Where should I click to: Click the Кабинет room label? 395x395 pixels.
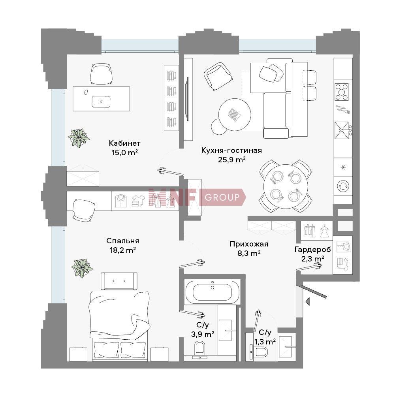(x=124, y=143)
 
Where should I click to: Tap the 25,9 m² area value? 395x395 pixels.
(x=232, y=160)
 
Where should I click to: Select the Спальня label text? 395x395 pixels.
(x=123, y=241)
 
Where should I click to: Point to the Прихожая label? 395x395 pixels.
(x=248, y=244)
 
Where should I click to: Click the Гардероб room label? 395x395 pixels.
(x=312, y=250)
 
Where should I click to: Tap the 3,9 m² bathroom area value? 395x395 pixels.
(x=203, y=334)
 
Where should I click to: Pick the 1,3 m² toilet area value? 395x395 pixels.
(x=265, y=342)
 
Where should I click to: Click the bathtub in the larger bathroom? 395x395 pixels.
(x=212, y=292)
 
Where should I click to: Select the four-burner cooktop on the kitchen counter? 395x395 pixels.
(x=342, y=92)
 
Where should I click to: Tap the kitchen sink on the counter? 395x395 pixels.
(x=342, y=130)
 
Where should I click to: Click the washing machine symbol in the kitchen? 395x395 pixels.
(x=343, y=186)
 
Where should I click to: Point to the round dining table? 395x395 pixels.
(x=286, y=187)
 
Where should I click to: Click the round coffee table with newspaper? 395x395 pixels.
(x=235, y=115)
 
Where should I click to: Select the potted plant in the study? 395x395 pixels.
(x=79, y=138)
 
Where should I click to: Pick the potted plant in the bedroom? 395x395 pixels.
(x=82, y=268)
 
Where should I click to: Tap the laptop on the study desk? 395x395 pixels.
(x=101, y=102)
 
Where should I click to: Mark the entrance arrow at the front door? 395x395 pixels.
(x=307, y=301)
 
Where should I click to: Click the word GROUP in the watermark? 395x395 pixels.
(x=222, y=197)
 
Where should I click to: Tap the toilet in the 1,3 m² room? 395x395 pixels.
(x=260, y=351)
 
